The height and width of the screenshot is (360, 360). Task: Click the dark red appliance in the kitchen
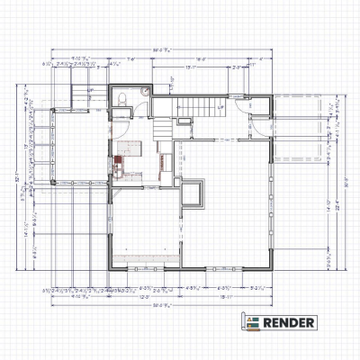point(117,164)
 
